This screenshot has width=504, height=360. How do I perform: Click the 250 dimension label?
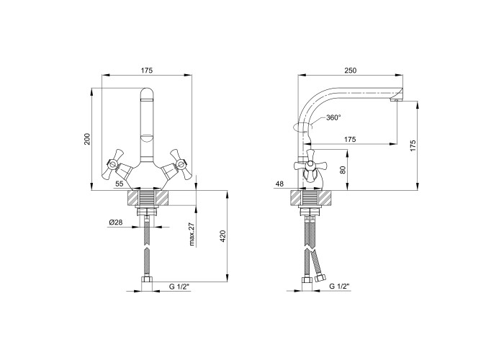(351, 71)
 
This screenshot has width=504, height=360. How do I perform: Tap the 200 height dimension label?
(87, 139)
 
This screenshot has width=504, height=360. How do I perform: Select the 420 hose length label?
(224, 236)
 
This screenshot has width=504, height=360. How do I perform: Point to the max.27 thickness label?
(192, 234)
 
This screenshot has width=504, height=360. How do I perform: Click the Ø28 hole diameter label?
(116, 222)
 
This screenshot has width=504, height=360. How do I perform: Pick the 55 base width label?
(120, 184)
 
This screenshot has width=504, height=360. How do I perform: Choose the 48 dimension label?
(279, 184)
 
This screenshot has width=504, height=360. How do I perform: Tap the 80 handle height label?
(343, 170)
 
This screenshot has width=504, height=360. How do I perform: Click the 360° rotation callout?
(333, 117)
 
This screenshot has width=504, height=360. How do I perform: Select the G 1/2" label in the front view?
(179, 287)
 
